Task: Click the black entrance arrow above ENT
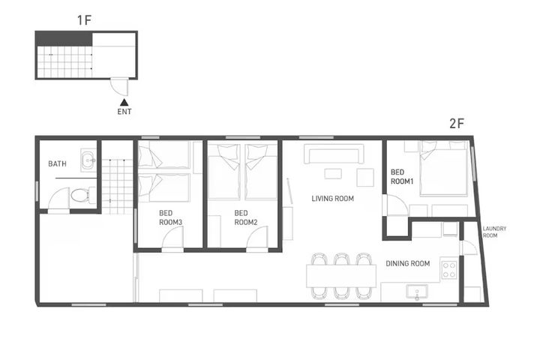[124, 102]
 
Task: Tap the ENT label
[124, 112]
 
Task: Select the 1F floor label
[84, 20]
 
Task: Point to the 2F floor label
[457, 123]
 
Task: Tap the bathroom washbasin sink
[88, 160]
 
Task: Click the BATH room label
[57, 163]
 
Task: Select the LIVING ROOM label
[333, 199]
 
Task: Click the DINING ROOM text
[408, 263]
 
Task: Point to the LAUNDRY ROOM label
[494, 232]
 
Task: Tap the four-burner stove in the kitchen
[449, 270]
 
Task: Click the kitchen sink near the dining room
[417, 292]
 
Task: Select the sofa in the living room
[334, 153]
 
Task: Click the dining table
[341, 276]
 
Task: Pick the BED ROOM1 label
[401, 177]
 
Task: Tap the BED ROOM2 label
[245, 217]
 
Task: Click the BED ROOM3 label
[170, 217]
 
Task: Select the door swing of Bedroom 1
[397, 205]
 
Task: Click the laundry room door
[469, 247]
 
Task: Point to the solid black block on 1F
[64, 39]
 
